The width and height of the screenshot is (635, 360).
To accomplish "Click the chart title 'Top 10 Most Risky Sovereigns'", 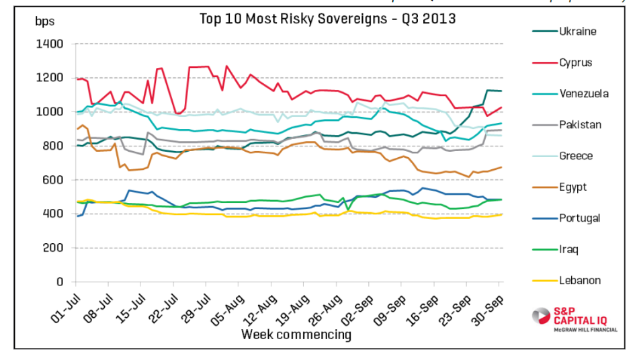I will point(327,18).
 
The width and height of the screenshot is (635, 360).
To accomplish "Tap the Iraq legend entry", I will point(569,249).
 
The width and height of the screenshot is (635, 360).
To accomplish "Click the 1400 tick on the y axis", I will point(50,44).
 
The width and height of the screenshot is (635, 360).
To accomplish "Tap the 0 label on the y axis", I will point(60,282).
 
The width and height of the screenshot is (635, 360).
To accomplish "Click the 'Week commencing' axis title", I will point(296,334).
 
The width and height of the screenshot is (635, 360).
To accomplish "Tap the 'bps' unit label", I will point(44,21).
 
